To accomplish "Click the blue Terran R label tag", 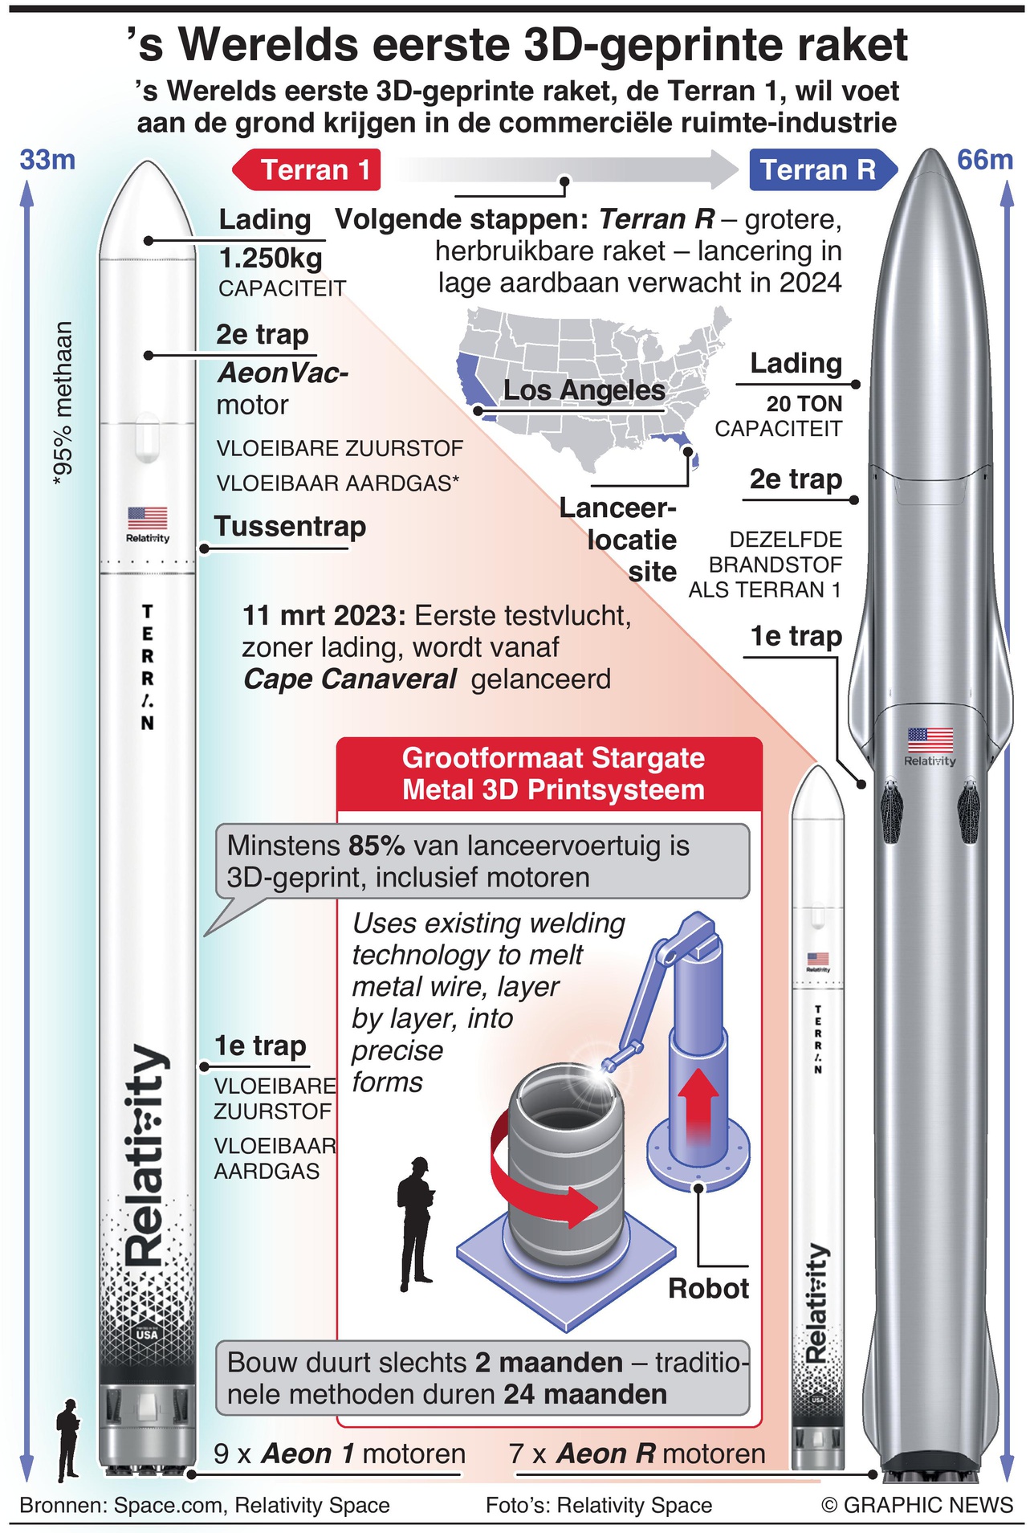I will pos(819,170).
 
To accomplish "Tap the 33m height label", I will pos(47,160).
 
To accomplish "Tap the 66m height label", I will pos(984,160).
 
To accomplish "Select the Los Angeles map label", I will pos(584,390).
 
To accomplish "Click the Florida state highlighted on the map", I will pos(685,446).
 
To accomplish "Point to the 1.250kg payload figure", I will pos(271,259).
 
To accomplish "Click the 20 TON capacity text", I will pos(804,404).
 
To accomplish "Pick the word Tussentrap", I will pos(290,527).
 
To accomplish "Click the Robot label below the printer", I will pos(708,1289).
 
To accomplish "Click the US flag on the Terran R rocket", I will pos(930,739).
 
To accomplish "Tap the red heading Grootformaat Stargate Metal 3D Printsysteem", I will pos(552,774).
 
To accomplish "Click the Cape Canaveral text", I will pos(350,679).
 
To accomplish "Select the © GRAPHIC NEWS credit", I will pos(916,1505).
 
